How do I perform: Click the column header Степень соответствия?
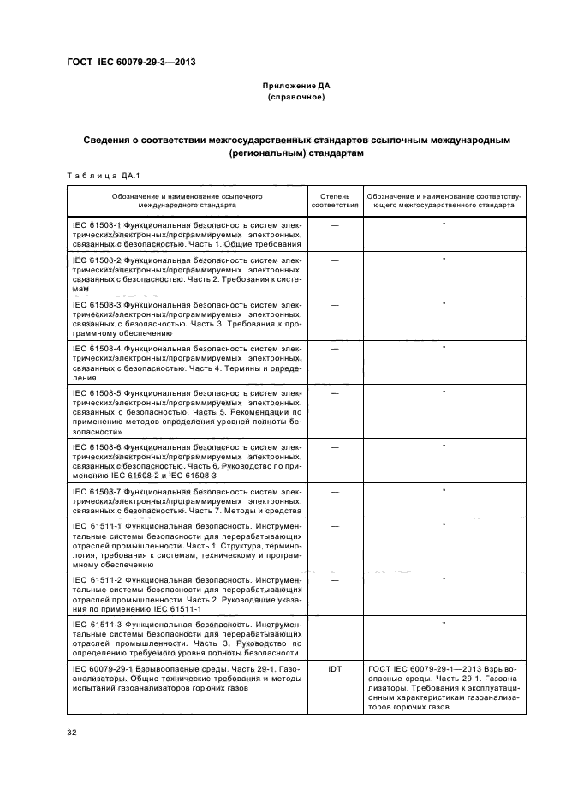tap(334, 201)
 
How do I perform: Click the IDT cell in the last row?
tap(334, 667)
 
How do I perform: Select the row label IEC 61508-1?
tap(98, 224)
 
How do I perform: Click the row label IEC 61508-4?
tap(98, 348)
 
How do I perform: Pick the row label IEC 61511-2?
tap(98, 580)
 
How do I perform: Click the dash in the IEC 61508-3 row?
tap(334, 304)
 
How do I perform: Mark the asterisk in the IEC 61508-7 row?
tap(444, 491)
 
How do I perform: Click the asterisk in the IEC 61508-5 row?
tap(444, 392)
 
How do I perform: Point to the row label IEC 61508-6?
tap(98, 447)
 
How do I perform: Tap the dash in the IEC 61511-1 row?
tap(334, 524)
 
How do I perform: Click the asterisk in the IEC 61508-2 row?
tap(444, 259)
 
